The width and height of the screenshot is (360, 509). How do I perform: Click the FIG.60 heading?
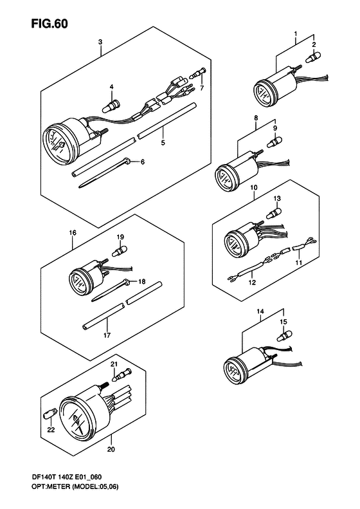coord(50,24)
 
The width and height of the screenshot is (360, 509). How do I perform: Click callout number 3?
coord(100,42)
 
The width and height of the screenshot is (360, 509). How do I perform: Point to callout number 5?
coord(163,142)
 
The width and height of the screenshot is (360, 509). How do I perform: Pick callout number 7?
coord(202,88)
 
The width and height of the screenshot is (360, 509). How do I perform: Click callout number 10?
coord(254,187)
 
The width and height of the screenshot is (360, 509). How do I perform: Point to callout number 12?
coord(252,282)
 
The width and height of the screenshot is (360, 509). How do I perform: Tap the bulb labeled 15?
coord(284,335)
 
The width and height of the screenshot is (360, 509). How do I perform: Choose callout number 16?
coord(73,232)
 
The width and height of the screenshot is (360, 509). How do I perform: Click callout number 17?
coord(107,335)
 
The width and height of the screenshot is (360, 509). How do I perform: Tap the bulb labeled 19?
coord(120,251)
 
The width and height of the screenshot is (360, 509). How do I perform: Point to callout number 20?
coord(111,450)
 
